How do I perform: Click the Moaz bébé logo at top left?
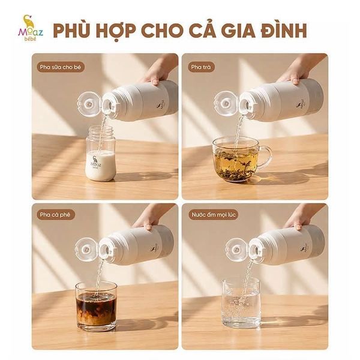31,28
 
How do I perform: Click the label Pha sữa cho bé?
61,67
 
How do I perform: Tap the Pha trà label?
200,67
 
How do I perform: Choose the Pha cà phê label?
55,215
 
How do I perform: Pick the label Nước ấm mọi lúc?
214,215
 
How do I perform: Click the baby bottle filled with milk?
100,153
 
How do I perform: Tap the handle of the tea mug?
266,157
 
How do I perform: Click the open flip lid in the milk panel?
89,104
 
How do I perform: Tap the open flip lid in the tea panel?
226,103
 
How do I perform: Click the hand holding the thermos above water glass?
298,217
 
